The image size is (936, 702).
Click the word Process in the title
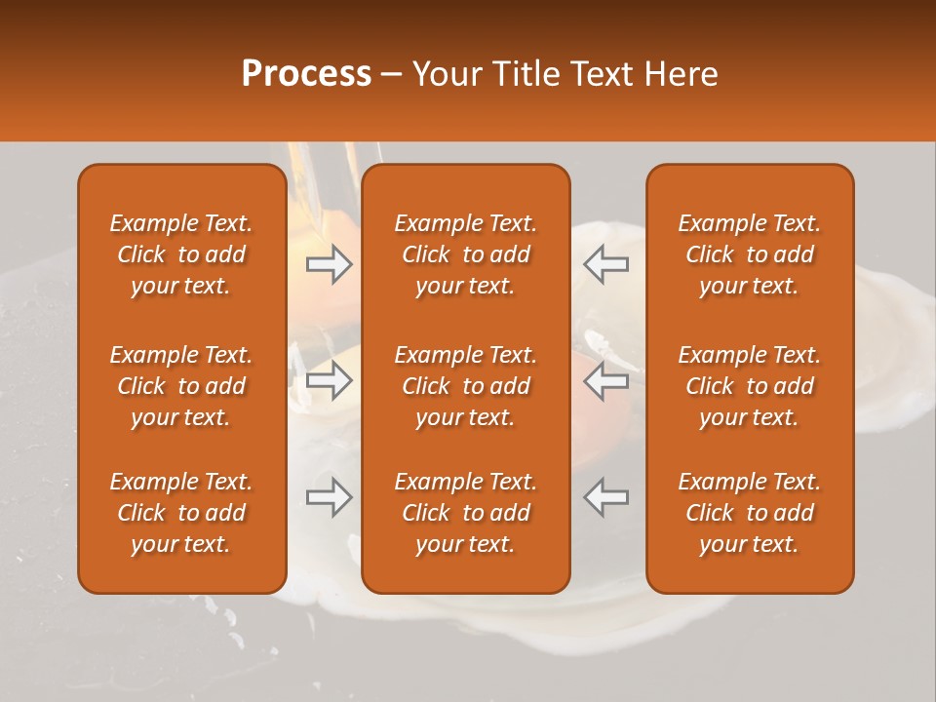[x=306, y=74]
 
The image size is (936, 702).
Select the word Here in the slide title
[x=681, y=74]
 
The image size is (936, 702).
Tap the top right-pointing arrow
[x=329, y=264]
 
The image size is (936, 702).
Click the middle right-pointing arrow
[x=329, y=381]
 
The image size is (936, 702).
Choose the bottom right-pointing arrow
[x=329, y=497]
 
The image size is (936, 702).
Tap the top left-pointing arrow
[x=605, y=264]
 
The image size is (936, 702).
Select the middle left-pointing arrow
[x=605, y=381]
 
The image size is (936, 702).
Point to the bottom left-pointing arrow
[x=605, y=497]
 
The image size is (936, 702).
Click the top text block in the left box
[x=181, y=254]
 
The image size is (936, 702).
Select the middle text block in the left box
[x=181, y=386]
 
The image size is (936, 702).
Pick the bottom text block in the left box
[x=181, y=513]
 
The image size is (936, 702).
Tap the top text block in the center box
[x=465, y=254]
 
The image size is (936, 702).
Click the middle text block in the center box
[x=465, y=386]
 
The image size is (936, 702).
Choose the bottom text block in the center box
[x=465, y=513]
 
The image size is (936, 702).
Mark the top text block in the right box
[x=749, y=254]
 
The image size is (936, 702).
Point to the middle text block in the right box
[x=749, y=386]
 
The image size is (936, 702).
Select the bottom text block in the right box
[x=749, y=513]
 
